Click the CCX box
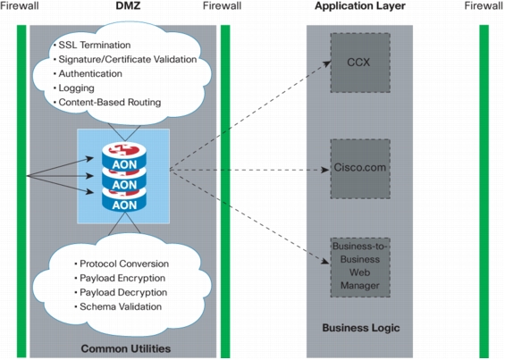point(360,63)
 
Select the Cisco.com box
point(360,169)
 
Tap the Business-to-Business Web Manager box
point(360,267)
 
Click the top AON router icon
point(124,157)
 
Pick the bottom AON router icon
point(124,201)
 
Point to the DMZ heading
point(128,5)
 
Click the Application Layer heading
point(359,6)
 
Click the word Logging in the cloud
point(76,88)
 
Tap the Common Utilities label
point(126,348)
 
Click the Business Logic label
point(361,328)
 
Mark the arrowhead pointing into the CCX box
point(327,63)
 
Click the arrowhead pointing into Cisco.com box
point(325,170)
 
